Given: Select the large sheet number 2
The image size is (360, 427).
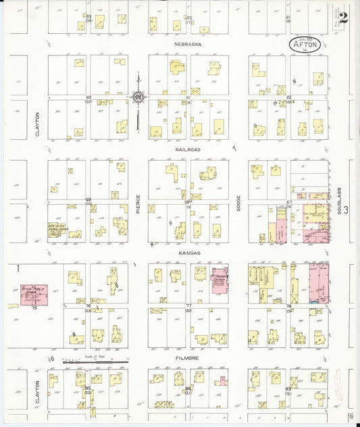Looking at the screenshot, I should [344, 18].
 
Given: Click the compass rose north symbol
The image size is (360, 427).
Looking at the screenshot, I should [138, 97].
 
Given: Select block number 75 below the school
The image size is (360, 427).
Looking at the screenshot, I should [33, 308].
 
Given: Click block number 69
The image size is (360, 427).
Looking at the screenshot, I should [88, 199].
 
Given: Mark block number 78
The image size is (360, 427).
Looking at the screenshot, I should [288, 306].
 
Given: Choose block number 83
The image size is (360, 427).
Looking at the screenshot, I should [288, 389].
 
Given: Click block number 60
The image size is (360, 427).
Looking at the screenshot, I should [88, 98].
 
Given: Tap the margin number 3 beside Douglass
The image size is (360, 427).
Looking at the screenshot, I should [346, 210].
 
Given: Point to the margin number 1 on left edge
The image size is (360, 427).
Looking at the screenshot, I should [17, 268].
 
